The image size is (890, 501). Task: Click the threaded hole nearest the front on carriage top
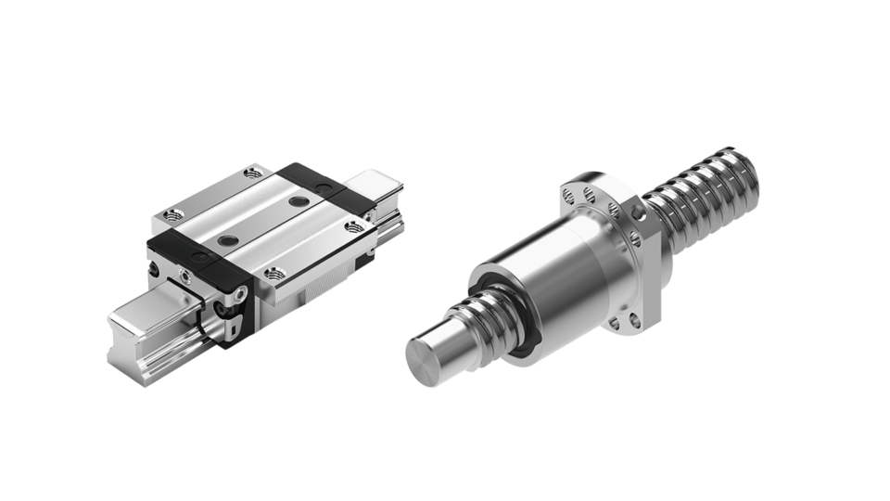pyautogui.click(x=274, y=273)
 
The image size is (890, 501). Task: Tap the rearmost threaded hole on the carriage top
pyautogui.click(x=252, y=172)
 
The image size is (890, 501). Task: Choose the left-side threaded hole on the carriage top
pyautogui.click(x=170, y=214)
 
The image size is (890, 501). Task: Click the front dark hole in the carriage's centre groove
pyautogui.click(x=224, y=241)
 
